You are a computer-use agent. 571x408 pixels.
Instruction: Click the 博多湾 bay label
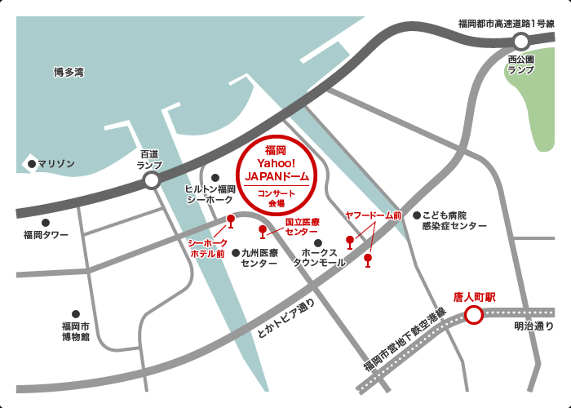69,73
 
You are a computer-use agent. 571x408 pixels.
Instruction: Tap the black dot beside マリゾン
32,164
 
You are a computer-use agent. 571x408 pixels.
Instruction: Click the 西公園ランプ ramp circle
521,40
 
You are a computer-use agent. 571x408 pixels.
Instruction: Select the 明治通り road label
533,327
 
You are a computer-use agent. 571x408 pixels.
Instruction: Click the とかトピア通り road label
285,318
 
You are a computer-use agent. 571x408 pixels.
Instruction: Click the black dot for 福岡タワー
46,222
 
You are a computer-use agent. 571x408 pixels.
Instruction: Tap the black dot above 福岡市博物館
75,313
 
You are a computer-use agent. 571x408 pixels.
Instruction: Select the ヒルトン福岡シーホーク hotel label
210,193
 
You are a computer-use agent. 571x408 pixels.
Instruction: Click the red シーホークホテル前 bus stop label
207,248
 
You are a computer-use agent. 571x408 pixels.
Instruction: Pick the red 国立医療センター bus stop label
302,227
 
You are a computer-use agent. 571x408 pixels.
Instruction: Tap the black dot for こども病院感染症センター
416,215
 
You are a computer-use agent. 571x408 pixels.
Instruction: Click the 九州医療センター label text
259,259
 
